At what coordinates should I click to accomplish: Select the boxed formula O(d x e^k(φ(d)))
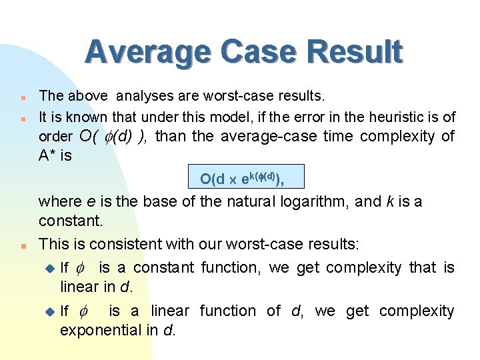(x=246, y=178)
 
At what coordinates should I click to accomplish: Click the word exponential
(x=97, y=330)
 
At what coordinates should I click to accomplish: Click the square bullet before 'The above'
(x=23, y=97)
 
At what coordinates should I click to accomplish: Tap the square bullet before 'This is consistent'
(x=23, y=245)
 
